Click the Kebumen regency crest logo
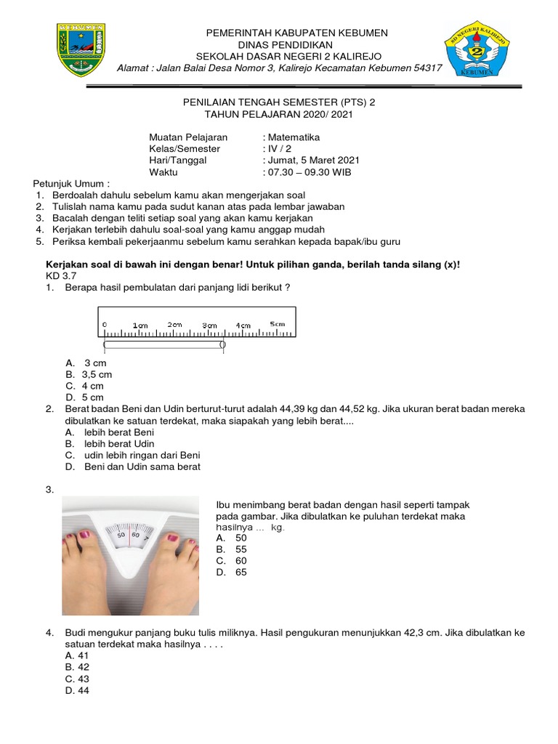coord(81,49)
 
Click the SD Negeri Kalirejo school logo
coord(478,49)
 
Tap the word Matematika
coord(293,137)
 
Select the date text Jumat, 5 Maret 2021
coord(312,161)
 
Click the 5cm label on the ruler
coord(277,323)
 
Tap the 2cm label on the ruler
coord(175,324)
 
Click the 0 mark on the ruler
coord(105,324)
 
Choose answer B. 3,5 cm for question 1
coord(89,374)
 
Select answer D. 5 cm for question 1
coord(84,397)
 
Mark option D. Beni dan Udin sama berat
coord(132,466)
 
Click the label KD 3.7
coord(60,276)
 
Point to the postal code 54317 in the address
coord(426,68)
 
